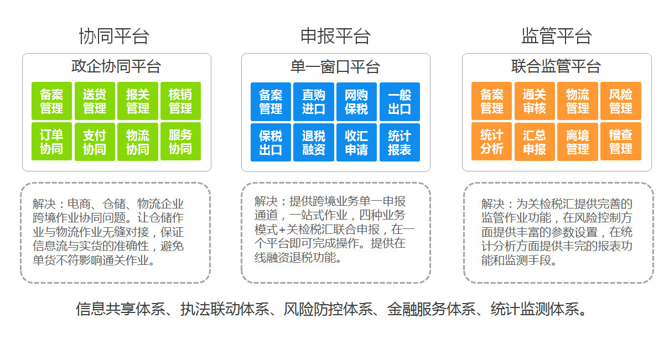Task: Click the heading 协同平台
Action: [x=114, y=36]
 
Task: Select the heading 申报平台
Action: [x=335, y=36]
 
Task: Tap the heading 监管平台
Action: [x=557, y=36]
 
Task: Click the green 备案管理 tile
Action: [x=51, y=101]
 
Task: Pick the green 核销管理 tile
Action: [x=180, y=101]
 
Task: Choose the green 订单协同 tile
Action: [x=51, y=142]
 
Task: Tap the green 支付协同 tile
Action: [x=95, y=142]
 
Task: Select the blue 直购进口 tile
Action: [x=314, y=102]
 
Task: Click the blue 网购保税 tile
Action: [x=356, y=102]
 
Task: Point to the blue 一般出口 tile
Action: [x=400, y=102]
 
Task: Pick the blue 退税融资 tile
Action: [x=314, y=143]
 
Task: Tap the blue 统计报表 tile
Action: [x=400, y=143]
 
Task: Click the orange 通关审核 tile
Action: [x=535, y=101]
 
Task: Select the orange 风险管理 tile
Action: [x=621, y=101]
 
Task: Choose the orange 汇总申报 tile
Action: [x=535, y=142]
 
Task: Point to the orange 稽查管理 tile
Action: [x=621, y=142]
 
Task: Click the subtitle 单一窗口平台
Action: [x=335, y=67]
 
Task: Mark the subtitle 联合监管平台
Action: [x=556, y=66]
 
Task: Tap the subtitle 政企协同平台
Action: [x=116, y=66]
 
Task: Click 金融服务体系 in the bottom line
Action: [x=431, y=309]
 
